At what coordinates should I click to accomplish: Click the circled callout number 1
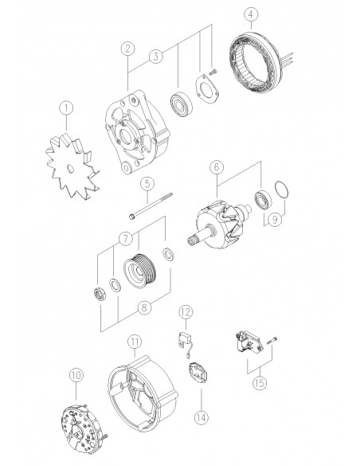66,108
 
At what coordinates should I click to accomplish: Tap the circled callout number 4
251,14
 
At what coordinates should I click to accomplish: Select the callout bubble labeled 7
125,238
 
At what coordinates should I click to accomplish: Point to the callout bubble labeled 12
186,312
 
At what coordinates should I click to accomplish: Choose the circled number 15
260,383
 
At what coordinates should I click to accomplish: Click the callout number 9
276,220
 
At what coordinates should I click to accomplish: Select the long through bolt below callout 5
151,205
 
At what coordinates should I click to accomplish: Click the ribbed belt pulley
142,271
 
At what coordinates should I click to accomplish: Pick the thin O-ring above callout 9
281,190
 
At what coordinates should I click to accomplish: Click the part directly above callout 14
198,373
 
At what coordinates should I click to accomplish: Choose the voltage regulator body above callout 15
248,342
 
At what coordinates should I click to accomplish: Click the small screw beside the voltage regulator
272,340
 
